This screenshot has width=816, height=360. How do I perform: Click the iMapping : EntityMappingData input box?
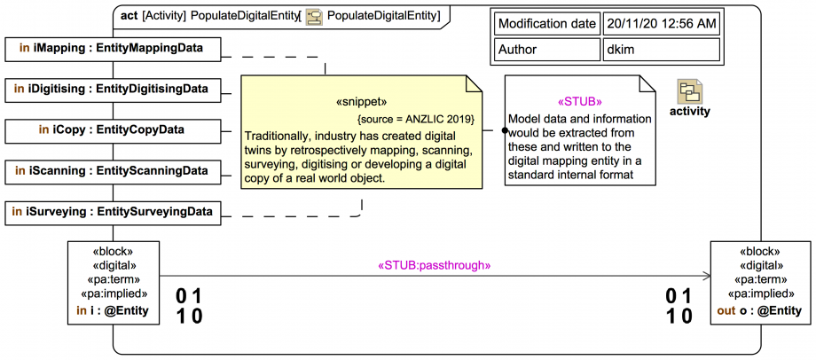click(113, 49)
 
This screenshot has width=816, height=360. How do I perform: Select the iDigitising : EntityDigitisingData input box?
click(113, 89)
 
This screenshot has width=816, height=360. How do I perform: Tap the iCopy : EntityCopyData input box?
click(113, 129)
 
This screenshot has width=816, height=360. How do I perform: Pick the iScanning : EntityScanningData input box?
click(113, 170)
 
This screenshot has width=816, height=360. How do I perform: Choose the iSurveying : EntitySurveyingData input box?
click(113, 211)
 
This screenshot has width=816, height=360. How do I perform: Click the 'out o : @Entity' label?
click(759, 311)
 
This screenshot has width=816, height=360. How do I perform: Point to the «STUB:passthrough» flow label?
click(435, 265)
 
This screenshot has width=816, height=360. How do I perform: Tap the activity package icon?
click(690, 92)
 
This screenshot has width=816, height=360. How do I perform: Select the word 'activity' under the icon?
click(690, 112)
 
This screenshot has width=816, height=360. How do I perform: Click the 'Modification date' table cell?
click(545, 24)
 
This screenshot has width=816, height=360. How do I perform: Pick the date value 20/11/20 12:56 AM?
click(661, 24)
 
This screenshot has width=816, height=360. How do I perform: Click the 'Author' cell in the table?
click(545, 51)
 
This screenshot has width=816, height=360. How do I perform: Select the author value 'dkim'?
click(661, 51)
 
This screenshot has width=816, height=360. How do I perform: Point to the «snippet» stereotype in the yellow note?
click(362, 102)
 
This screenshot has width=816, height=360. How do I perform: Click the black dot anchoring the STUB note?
click(505, 129)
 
